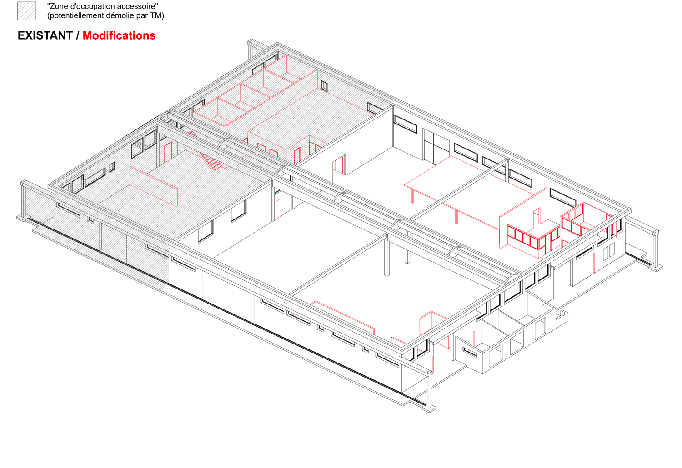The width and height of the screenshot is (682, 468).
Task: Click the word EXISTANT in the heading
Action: click(x=45, y=36)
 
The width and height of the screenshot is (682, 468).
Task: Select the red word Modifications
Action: click(x=119, y=36)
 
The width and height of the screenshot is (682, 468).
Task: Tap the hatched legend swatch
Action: click(x=27, y=11)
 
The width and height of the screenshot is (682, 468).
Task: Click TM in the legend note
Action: click(x=156, y=15)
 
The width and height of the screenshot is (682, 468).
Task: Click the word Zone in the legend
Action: click(x=57, y=6)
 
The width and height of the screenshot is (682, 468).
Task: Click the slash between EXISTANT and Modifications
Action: click(x=78, y=36)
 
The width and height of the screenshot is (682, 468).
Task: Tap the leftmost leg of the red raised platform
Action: click(x=413, y=195)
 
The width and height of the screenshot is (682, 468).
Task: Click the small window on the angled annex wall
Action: click(x=470, y=352)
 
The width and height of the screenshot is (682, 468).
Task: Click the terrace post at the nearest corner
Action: click(x=429, y=391)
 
